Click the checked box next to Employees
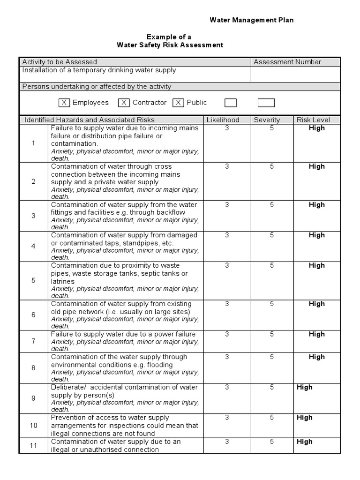65,103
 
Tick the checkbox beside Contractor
124,103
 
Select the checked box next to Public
178,103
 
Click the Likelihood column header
223,120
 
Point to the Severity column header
267,120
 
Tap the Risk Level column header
313,120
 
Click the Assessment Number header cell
287,62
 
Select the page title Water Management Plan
251,20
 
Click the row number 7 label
33,341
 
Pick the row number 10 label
33,426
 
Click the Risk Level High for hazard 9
304,387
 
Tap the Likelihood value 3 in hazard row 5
227,265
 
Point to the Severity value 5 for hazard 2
271,166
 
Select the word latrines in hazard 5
63,281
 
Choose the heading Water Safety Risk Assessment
170,45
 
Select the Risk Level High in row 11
304,442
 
